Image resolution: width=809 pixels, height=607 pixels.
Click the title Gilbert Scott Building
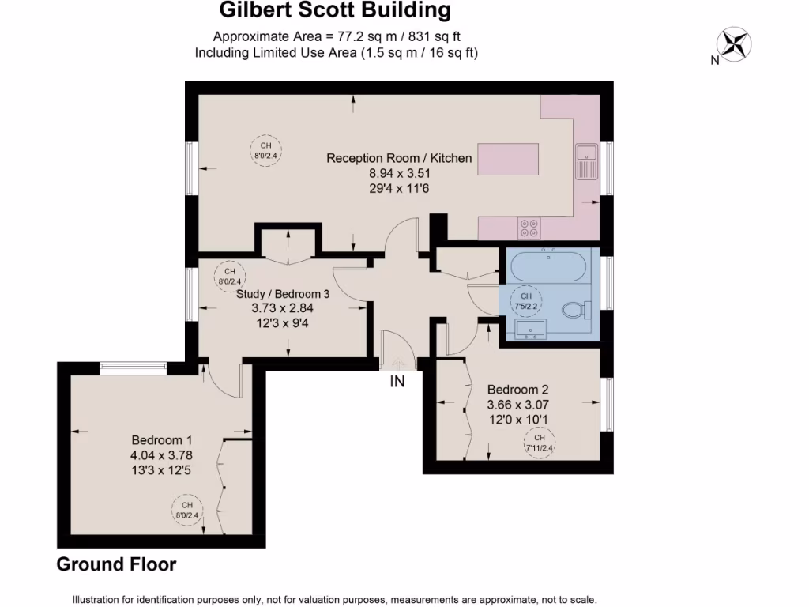(x=334, y=10)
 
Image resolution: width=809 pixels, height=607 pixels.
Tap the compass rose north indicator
(x=735, y=43)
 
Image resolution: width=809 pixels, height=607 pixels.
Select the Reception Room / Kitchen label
(x=399, y=158)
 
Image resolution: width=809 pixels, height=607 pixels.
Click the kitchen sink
(x=587, y=160)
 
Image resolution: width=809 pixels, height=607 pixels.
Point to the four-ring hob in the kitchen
(x=529, y=228)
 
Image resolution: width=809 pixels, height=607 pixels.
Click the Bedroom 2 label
(x=517, y=390)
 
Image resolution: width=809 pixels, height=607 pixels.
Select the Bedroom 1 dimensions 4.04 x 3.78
(x=161, y=454)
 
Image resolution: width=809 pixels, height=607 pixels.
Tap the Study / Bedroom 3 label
(x=283, y=293)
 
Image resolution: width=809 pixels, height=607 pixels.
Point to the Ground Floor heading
(x=116, y=564)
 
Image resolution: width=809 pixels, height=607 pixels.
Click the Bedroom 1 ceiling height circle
(x=187, y=510)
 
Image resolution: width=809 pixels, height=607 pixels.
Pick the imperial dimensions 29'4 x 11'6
(x=399, y=188)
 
